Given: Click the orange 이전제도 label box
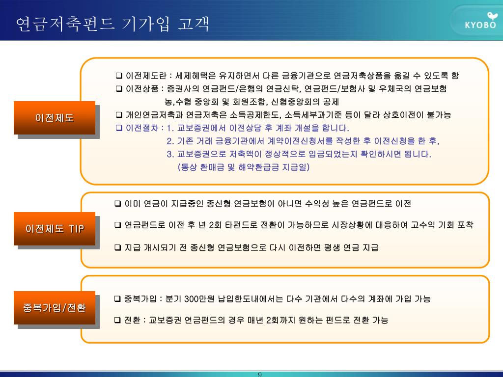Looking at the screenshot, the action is click(55, 118).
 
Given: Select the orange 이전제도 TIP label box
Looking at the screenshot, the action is click(55, 229).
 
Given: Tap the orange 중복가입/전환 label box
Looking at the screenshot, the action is click(55, 308).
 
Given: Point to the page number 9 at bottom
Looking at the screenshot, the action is click(260, 375).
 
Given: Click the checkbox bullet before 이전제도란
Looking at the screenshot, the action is click(119, 76).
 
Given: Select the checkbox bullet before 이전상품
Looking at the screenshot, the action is click(119, 89).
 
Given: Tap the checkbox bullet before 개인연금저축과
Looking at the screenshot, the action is click(119, 115).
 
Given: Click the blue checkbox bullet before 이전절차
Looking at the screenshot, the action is click(119, 128).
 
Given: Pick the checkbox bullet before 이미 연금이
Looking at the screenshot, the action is click(118, 203).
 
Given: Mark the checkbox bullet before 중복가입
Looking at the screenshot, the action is click(118, 298).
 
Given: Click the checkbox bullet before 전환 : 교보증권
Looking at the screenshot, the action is click(118, 320).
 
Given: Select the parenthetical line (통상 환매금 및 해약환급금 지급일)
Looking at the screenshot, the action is click(244, 167).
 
